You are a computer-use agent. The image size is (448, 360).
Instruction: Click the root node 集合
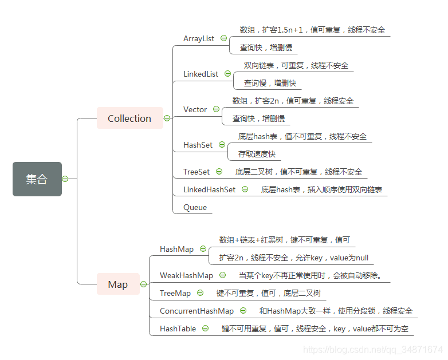(x=37, y=179)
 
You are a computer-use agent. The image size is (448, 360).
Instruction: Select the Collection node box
(x=129, y=118)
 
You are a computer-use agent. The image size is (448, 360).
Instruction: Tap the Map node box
(x=117, y=284)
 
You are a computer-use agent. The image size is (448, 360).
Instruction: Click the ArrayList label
(x=198, y=38)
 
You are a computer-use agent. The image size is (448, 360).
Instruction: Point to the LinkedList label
(x=201, y=74)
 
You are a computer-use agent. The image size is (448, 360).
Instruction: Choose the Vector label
(x=195, y=109)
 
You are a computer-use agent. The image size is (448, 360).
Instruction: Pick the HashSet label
(x=198, y=145)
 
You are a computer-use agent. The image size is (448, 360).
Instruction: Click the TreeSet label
(x=196, y=172)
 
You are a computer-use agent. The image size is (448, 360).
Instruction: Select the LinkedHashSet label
(x=209, y=189)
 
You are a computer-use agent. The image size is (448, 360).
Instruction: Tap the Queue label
(x=195, y=207)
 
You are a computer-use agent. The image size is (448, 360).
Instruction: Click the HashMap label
(x=176, y=249)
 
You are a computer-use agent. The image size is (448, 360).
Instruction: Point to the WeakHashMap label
(x=186, y=275)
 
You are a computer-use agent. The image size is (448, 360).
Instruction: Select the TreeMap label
(x=175, y=293)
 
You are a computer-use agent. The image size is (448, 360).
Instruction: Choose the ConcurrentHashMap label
(x=197, y=311)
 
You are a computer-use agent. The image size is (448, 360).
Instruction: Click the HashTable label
(x=178, y=329)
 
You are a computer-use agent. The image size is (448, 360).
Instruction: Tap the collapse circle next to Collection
(x=167, y=118)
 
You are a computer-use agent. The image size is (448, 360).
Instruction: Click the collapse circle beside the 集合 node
(x=65, y=179)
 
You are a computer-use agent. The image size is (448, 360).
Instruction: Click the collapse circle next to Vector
(x=216, y=109)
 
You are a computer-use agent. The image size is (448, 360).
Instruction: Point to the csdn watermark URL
(x=372, y=349)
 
